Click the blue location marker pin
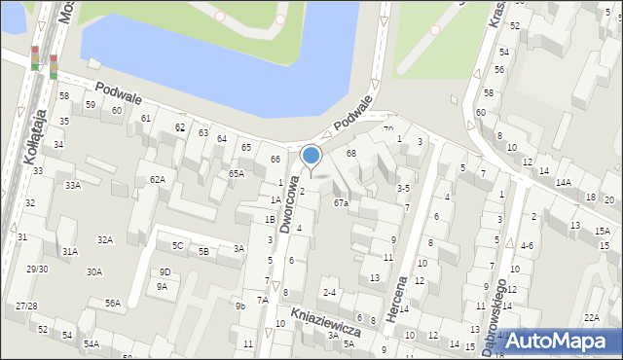pos(311,156)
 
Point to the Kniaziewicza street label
pos(325,321)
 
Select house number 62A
pos(157,180)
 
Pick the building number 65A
pos(237,173)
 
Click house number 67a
pos(341,203)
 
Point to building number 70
pos(387,129)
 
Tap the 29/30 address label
pos(37,269)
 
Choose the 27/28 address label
pos(26,306)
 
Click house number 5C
pos(177,245)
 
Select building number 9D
pos(165,271)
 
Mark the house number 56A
pos(113,304)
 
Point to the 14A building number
pos(563,183)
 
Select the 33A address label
pos(72,185)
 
